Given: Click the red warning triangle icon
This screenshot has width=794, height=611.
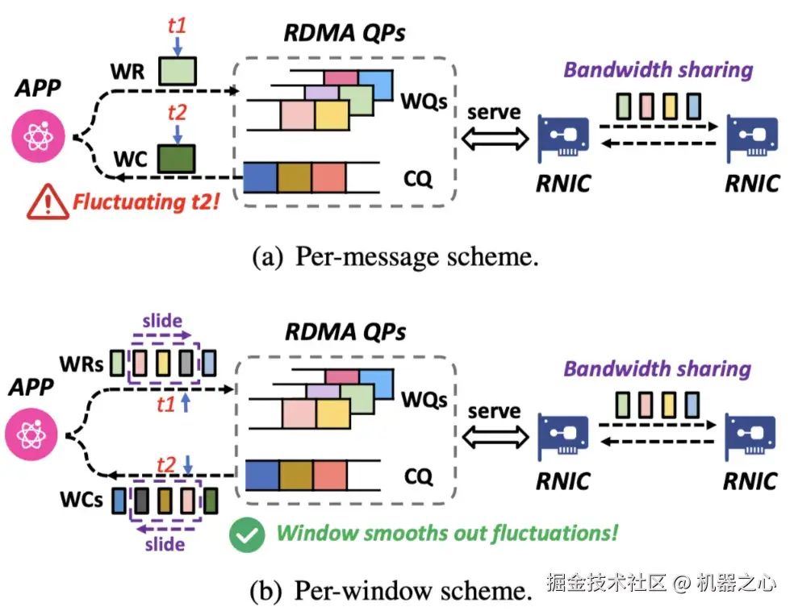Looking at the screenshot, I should [x=46, y=202].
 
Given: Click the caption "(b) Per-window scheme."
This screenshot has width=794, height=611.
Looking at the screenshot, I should [x=391, y=591].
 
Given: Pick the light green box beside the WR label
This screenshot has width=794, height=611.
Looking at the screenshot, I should [x=176, y=70].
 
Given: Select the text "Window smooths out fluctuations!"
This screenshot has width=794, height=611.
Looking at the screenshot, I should [x=447, y=533].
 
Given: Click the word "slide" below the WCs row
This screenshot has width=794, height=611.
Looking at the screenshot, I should [x=164, y=544].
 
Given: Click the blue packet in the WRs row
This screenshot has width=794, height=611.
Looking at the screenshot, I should [x=210, y=364].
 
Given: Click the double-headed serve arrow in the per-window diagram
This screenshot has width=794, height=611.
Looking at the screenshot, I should [x=494, y=439].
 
